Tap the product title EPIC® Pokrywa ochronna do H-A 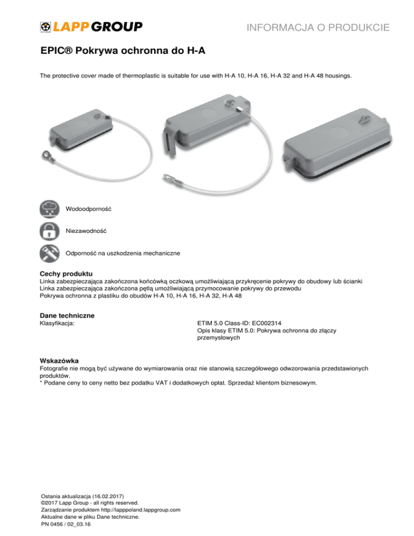(123, 52)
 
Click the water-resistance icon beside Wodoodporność (50, 208)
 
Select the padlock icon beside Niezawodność (50, 230)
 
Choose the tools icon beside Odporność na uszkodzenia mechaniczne (50, 252)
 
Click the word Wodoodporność (88, 208)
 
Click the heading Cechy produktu (67, 274)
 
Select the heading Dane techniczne (67, 315)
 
